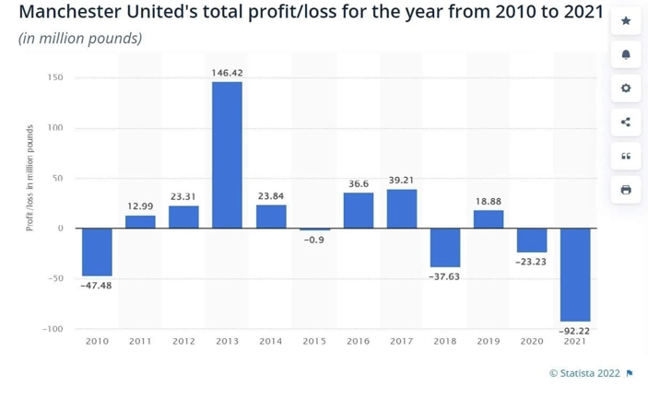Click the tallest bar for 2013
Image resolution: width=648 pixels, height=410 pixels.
click(227, 155)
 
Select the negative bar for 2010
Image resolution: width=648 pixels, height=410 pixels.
click(97, 252)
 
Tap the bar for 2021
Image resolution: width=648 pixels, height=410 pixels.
click(574, 275)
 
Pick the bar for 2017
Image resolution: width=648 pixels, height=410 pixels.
click(402, 209)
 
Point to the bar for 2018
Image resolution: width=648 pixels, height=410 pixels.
click(445, 247)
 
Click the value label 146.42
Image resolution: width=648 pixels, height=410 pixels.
click(227, 73)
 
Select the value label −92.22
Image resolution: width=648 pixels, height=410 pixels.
click(574, 330)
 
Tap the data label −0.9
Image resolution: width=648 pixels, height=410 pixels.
click(314, 240)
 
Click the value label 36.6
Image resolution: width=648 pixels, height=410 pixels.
click(359, 184)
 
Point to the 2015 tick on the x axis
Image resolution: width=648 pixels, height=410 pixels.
click(314, 342)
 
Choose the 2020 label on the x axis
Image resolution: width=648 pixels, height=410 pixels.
click(531, 342)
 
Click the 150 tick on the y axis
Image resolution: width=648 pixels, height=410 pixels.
click(55, 77)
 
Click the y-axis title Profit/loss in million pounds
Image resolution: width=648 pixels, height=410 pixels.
click(29, 178)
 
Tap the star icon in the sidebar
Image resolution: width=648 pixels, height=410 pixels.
click(626, 20)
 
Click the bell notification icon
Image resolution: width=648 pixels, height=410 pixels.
click(626, 54)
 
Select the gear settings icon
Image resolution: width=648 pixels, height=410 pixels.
click(626, 88)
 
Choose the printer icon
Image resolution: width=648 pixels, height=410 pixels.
click(626, 190)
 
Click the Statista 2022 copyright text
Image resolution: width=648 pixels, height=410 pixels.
click(584, 373)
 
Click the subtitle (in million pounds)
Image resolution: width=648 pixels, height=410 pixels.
click(80, 39)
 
